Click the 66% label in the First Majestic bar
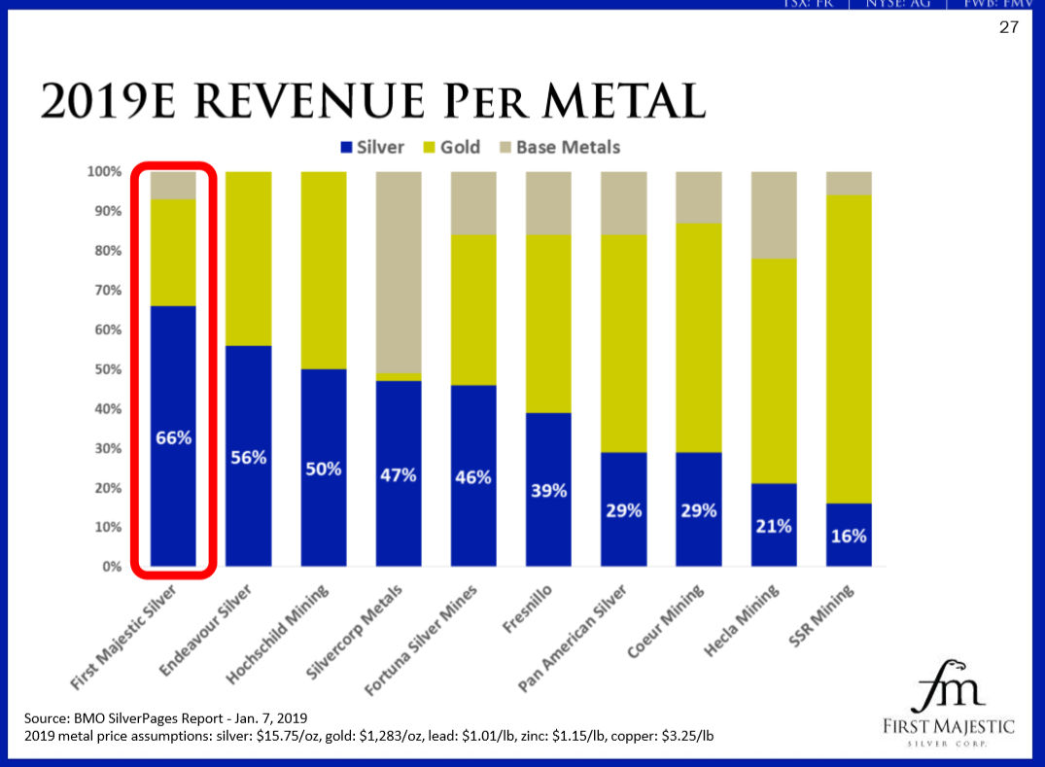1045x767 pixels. (x=174, y=438)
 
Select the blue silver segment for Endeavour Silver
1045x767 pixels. (x=249, y=506)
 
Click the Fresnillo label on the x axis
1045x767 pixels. (x=529, y=608)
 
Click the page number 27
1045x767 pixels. (x=1009, y=27)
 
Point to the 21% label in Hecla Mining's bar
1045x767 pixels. (x=774, y=526)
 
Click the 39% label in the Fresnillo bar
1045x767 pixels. (x=548, y=491)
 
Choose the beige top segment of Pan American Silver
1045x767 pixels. (x=624, y=203)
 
